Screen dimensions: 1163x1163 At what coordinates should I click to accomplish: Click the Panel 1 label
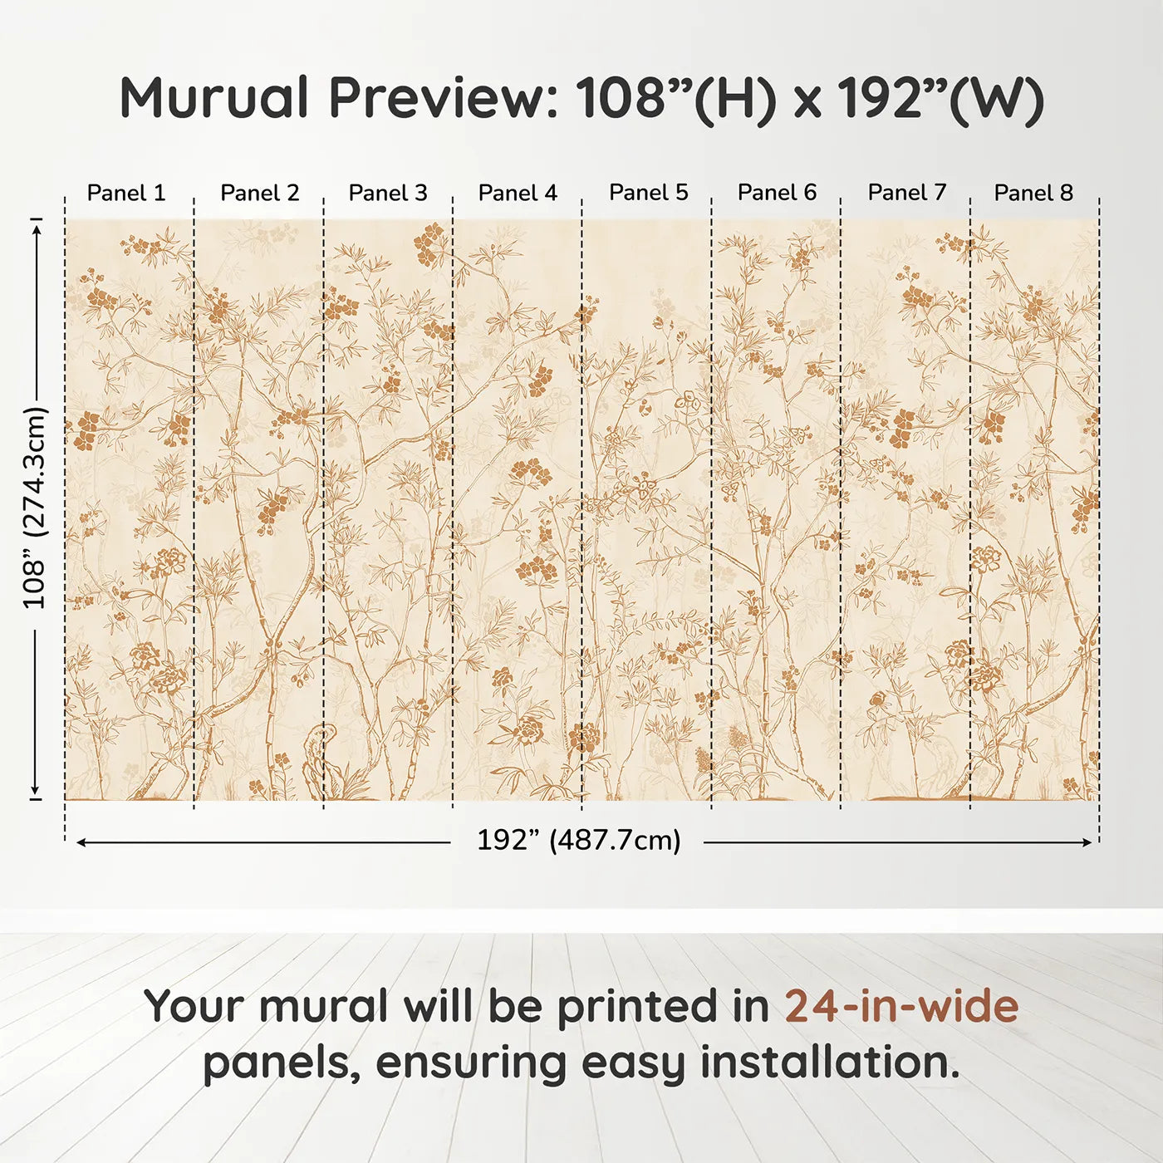point(126,193)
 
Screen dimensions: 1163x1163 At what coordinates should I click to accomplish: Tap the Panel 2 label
point(259,193)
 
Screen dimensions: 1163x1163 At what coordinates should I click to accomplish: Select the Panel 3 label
point(388,193)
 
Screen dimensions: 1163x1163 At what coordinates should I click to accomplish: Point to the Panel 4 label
point(518,193)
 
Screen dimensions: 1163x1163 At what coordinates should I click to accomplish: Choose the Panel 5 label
point(649,192)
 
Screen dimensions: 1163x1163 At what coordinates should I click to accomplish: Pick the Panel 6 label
point(777,192)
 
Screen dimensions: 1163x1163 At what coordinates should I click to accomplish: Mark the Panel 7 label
point(907,192)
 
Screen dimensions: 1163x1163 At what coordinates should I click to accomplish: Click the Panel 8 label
point(1033,193)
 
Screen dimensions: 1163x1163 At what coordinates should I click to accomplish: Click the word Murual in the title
point(214,98)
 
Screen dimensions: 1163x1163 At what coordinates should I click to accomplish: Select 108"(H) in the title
point(676,98)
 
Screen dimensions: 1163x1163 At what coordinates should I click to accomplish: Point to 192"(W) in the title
point(940,98)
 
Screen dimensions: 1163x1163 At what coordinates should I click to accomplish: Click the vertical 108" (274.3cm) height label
point(35,508)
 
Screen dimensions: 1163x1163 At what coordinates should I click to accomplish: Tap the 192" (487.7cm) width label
point(578,840)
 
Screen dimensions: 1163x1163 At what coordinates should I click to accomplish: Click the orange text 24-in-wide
point(901,1006)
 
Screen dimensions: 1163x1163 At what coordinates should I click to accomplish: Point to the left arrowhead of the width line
point(81,842)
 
